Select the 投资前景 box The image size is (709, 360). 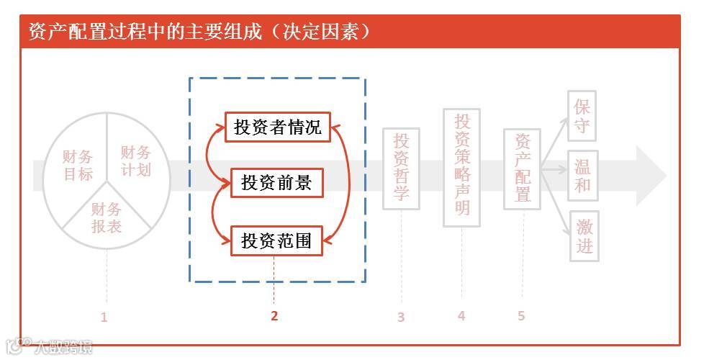[x=276, y=183]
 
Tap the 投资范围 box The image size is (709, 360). [x=276, y=240]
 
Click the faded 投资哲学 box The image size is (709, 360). [x=401, y=168]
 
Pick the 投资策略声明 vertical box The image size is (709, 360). [x=461, y=167]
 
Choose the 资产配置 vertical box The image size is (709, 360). [x=522, y=169]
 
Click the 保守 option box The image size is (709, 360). [x=582, y=115]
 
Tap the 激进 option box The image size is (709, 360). [x=584, y=237]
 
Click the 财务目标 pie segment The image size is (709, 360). [x=77, y=165]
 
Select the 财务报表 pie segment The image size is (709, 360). [x=106, y=218]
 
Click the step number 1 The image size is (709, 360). [x=104, y=317]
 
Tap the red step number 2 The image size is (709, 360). [x=274, y=315]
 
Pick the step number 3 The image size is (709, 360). [x=401, y=317]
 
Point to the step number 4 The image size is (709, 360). [x=461, y=315]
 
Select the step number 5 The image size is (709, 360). [x=521, y=315]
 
